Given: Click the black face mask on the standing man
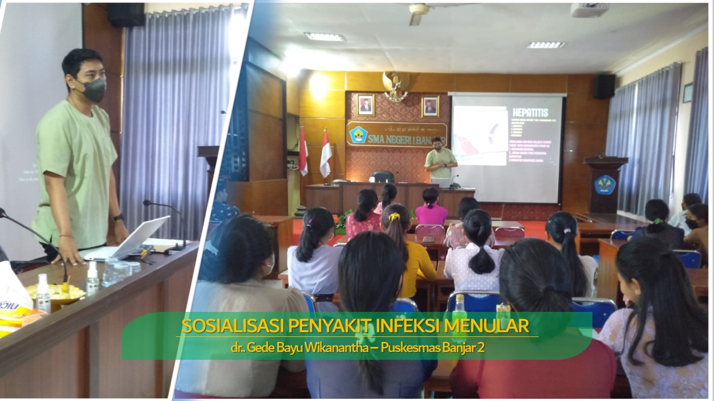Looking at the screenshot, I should click(93, 89).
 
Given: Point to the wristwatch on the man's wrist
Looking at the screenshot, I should click(118, 217).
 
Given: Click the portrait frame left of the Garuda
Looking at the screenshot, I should click(365, 105).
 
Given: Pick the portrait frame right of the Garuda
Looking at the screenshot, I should click(430, 106).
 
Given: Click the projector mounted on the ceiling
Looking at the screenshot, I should click(589, 10).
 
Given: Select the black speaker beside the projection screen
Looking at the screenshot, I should click(604, 86).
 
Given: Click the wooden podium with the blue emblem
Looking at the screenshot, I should click(605, 184).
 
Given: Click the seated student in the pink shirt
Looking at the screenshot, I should click(431, 209).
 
